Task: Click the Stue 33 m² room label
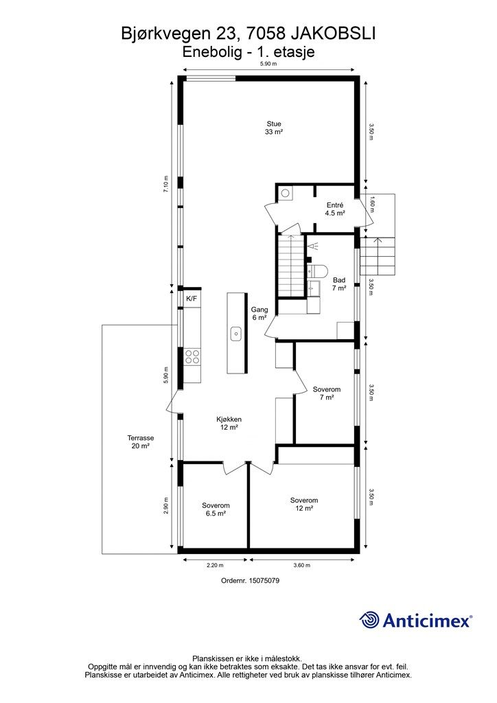point(274,128)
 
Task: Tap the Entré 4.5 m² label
point(335,209)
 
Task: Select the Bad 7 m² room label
point(339,284)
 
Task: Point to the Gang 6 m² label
point(259,313)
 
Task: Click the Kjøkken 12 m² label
point(229,424)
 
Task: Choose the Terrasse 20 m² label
point(141,442)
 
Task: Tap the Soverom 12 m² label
point(304,505)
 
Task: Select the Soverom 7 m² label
point(327,393)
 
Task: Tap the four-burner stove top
point(192,357)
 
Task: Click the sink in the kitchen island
point(236,334)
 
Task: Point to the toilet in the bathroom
point(317,270)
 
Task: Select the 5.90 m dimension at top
point(269,64)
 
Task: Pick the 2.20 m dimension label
point(215,566)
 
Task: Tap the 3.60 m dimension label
point(301,566)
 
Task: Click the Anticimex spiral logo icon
point(369,620)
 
